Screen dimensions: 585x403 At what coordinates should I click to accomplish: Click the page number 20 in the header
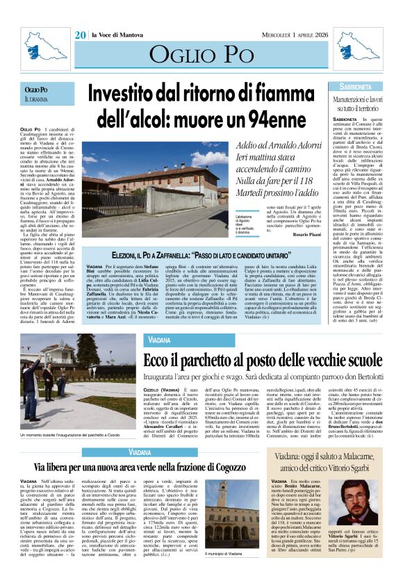(81, 35)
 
